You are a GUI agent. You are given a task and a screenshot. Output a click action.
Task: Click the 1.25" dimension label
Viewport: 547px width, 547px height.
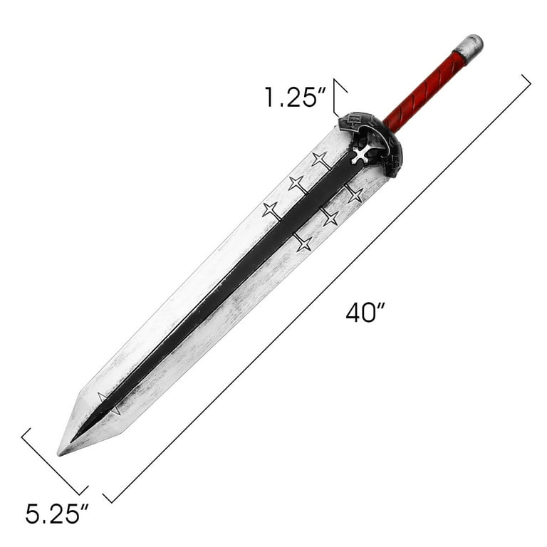coord(295,97)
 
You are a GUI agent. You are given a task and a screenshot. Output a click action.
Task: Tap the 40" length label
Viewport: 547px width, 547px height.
coord(365,312)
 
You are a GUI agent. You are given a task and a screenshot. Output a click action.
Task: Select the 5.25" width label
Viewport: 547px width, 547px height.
coord(57,514)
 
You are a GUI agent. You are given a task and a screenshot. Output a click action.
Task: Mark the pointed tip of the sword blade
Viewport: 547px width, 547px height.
coord(58,454)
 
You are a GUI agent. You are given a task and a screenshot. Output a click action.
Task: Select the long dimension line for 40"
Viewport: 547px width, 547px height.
coord(317,288)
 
